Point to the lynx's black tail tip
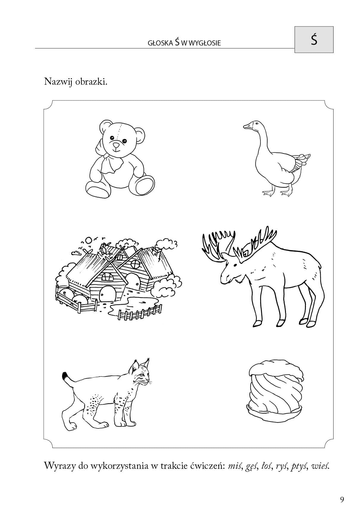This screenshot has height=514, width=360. click(x=65, y=376)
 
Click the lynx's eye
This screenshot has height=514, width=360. click(x=143, y=376)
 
